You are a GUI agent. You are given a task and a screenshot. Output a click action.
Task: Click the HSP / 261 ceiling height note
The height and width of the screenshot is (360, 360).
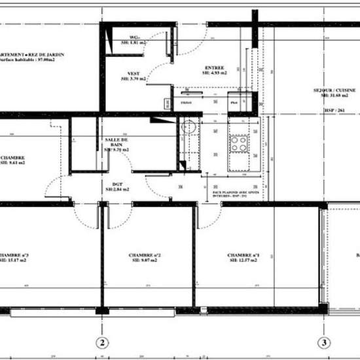333,111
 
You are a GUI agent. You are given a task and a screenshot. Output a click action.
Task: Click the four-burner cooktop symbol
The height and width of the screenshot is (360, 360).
238,143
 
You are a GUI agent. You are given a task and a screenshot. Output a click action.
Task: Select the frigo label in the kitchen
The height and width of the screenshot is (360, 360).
186,103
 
